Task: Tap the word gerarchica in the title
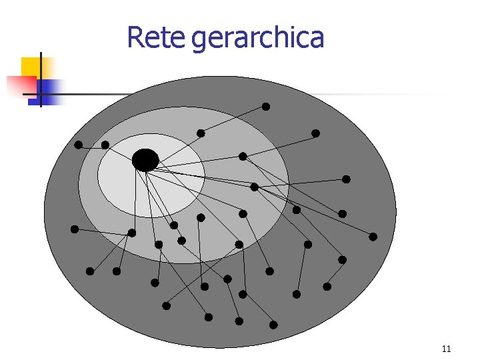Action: coord(257,39)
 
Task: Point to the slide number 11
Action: coord(446,349)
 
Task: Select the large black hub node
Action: coord(145,160)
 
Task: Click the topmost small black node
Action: coord(265,107)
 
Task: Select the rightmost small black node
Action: coord(373,237)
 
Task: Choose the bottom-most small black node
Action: coord(273,325)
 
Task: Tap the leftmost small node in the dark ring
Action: coord(75,229)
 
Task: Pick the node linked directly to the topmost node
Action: coord(201,133)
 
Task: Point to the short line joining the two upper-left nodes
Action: coord(91,145)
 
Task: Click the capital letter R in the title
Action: coord(135,38)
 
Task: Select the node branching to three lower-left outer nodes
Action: coord(131,233)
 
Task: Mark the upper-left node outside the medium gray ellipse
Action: coord(79,145)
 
